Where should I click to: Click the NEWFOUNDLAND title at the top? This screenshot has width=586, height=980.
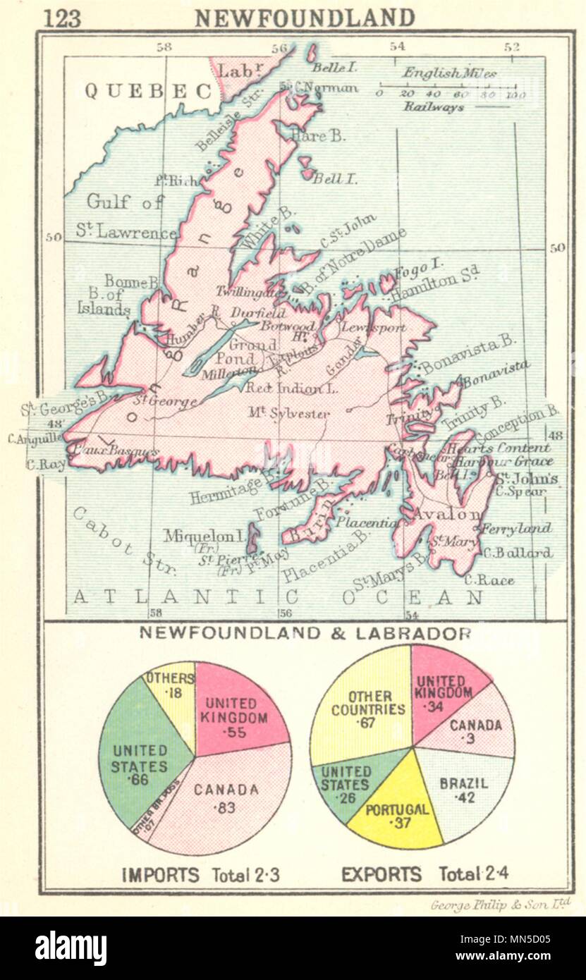tap(305, 17)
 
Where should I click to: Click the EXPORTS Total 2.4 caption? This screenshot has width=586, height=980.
tap(425, 875)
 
